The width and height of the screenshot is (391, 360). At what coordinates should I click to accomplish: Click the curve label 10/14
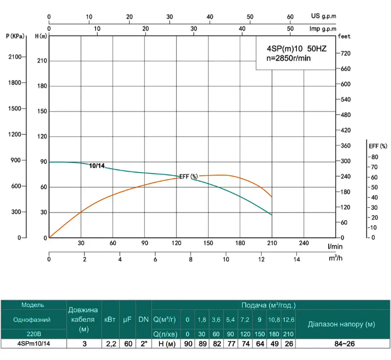(97, 166)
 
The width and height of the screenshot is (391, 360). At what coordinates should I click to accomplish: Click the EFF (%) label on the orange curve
(188, 177)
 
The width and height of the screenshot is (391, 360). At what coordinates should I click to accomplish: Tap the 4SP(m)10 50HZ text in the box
(296, 49)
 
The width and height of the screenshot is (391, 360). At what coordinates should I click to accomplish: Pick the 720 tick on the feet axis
(345, 53)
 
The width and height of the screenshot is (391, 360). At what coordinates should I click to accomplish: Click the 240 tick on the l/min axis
(304, 243)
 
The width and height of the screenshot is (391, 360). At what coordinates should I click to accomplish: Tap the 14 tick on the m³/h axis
(296, 259)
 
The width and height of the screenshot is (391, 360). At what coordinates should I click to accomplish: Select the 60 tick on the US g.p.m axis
(290, 17)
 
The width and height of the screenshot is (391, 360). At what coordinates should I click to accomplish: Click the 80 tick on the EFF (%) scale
(374, 157)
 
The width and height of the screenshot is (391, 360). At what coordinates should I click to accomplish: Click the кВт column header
(109, 320)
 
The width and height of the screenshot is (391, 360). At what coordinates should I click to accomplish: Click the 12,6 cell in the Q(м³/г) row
(289, 320)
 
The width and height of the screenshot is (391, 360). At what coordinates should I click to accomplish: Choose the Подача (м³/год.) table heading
(268, 305)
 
